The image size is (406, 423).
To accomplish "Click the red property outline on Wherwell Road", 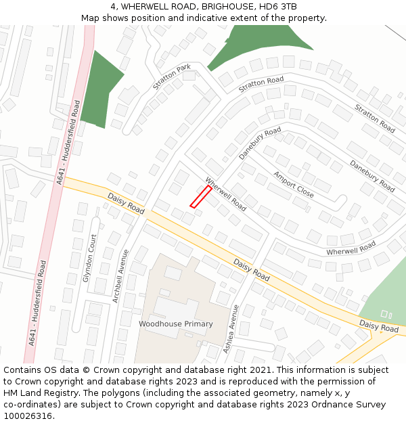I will coord(200,197).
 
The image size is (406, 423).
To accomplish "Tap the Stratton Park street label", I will coord(171,77).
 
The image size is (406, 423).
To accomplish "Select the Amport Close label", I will coord(294,184).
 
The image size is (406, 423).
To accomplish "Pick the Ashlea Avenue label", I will coord(231,328).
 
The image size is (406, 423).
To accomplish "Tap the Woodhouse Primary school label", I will coord(176,324).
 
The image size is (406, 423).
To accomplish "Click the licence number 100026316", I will coord(27,416).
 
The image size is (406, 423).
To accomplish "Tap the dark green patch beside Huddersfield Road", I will coord(100,88).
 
